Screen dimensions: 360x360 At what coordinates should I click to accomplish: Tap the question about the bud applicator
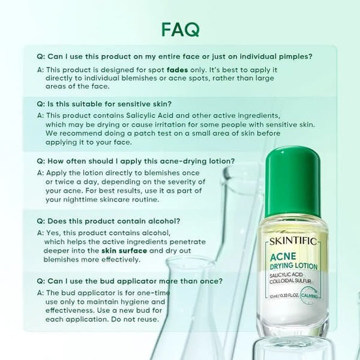pyautogui.click(x=131, y=281)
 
